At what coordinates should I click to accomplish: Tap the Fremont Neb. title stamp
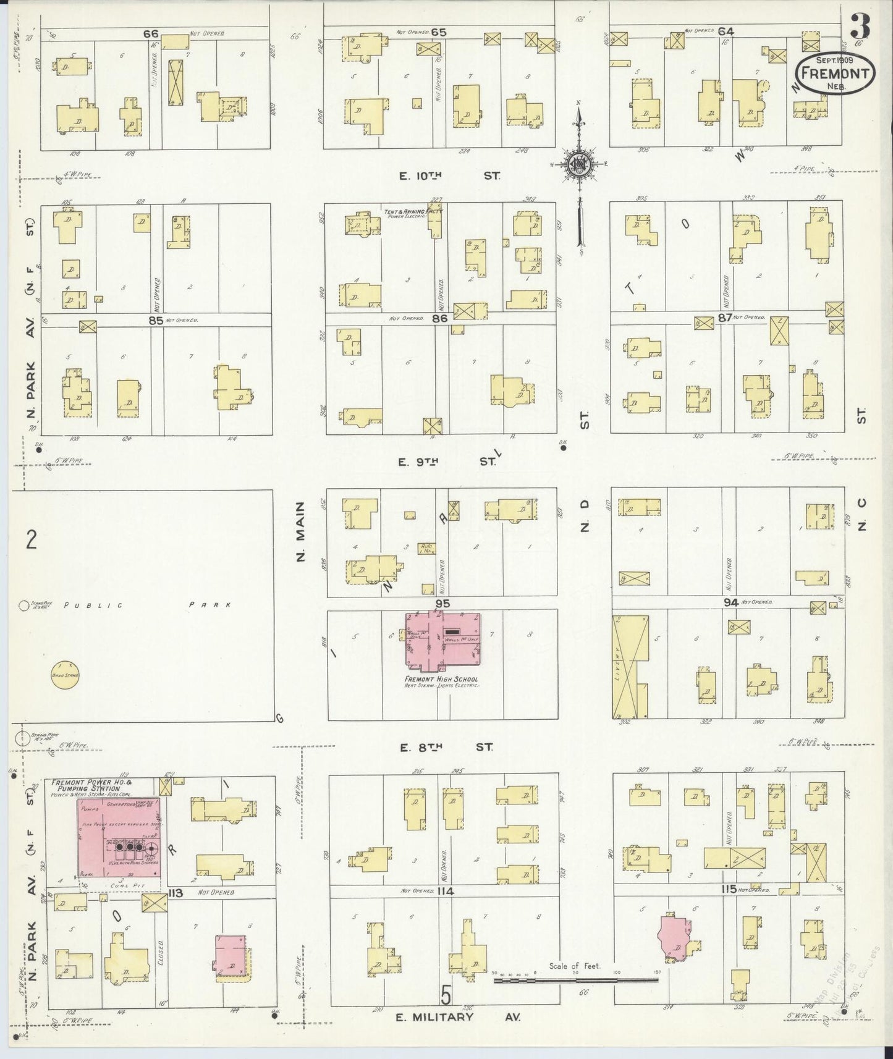(836, 73)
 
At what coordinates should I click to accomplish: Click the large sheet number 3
(860, 26)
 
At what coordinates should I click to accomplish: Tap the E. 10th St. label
(449, 176)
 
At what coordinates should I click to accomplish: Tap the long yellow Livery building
(629, 666)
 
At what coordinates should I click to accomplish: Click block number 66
(151, 34)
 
